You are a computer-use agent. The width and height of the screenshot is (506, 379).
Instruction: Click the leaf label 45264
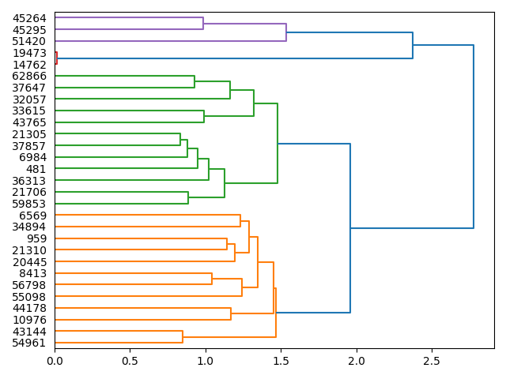coord(29,18)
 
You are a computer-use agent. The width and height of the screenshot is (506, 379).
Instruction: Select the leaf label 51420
coord(29,41)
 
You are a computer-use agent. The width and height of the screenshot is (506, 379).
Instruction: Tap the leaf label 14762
coord(29,65)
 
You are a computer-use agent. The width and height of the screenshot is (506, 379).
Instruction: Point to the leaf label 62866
coord(29,77)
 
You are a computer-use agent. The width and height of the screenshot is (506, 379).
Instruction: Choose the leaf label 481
coord(36,169)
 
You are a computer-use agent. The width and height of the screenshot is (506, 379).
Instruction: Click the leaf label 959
coord(36,238)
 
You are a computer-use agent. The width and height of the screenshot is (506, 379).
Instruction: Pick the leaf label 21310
coord(29,250)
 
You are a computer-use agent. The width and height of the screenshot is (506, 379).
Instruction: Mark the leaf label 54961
coord(29,343)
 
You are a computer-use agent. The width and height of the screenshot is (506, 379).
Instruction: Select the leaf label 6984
coord(32,157)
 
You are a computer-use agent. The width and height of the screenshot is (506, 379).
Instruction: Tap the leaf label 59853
coord(29,204)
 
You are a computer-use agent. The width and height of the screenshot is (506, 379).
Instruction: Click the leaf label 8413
coord(32,273)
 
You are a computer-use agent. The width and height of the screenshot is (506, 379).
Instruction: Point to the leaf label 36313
coord(29,181)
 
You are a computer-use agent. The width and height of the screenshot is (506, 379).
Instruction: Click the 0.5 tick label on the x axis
coord(130,361)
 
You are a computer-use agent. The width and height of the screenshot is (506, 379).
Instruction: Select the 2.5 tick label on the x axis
coord(432,361)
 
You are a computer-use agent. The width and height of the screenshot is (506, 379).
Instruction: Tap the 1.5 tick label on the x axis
coord(281,361)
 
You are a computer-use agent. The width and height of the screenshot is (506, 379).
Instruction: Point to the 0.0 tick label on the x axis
coord(55,361)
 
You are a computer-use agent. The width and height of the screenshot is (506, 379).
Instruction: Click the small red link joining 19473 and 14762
coord(57,58)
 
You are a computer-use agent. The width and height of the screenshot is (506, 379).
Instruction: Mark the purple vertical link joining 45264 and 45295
coord(203,24)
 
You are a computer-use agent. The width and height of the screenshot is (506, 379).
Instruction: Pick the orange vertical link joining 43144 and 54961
coord(183,337)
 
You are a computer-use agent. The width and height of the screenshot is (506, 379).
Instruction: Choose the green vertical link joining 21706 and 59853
coord(188,198)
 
